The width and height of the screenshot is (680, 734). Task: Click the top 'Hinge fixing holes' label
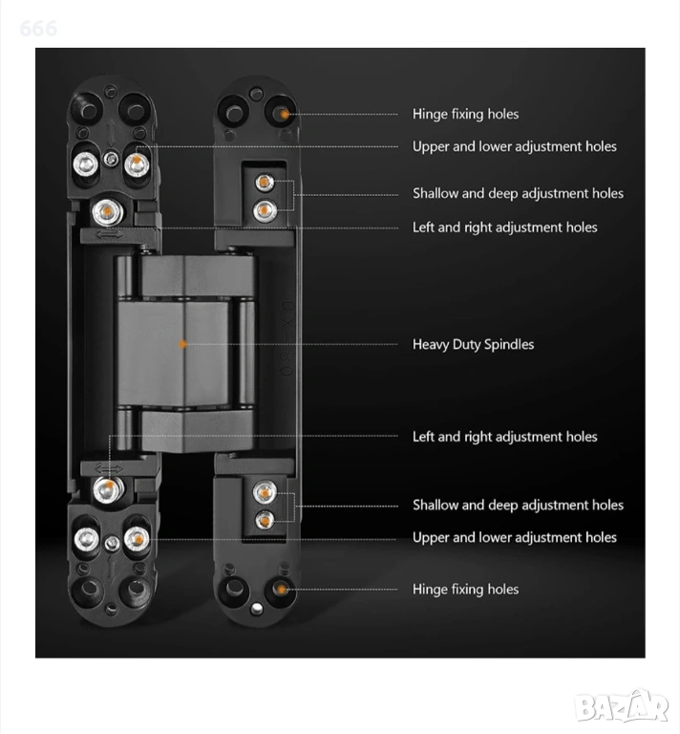point(465,115)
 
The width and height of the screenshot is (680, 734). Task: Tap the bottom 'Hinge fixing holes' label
point(465,589)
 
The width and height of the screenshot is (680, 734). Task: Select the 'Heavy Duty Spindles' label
point(473,344)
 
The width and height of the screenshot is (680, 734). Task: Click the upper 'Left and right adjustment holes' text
point(504,227)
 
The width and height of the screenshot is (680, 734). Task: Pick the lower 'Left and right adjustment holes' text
point(504,437)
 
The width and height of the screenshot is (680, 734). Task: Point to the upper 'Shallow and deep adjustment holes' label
point(518,193)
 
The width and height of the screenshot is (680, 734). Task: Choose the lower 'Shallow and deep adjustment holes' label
point(518,505)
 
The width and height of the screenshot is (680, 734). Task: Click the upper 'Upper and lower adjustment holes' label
point(515,146)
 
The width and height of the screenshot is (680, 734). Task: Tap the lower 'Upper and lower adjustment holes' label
point(515,537)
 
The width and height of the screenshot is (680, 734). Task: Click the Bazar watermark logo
point(622,707)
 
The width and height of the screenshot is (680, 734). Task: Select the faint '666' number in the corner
point(38,29)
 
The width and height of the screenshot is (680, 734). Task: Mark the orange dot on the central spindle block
point(182,344)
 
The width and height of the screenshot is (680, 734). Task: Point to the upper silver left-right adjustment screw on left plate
point(108,211)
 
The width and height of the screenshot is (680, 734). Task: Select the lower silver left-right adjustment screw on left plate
point(109,488)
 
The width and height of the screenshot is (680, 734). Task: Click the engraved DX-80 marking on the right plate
point(287,338)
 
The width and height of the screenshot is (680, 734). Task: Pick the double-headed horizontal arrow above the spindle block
point(109,233)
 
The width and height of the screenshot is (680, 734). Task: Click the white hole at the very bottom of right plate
point(256,609)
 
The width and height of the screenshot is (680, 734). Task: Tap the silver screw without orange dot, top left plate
point(86,164)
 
